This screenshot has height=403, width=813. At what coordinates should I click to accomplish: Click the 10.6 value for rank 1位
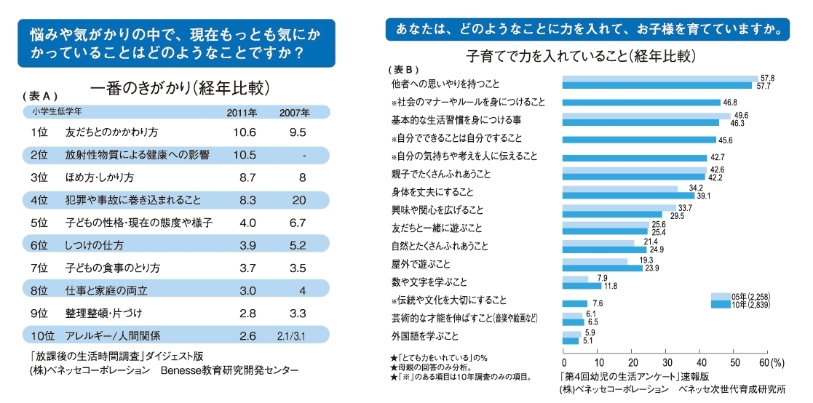pyautogui.click(x=246, y=132)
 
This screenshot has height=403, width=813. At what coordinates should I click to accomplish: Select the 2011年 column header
pyautogui.click(x=242, y=113)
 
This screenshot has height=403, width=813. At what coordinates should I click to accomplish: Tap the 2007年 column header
pyautogui.click(x=295, y=113)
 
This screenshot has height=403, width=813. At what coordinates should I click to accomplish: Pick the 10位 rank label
pyautogui.click(x=43, y=335)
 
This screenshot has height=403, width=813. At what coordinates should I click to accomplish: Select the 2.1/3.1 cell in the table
pyautogui.click(x=296, y=335)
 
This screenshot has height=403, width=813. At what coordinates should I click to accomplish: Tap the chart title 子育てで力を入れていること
pyautogui.click(x=579, y=55)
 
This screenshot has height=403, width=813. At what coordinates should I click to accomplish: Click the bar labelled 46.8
pyautogui.click(x=641, y=103)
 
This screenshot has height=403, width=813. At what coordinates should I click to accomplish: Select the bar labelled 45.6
pyautogui.click(x=640, y=139)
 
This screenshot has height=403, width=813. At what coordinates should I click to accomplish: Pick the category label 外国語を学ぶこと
pyautogui.click(x=425, y=336)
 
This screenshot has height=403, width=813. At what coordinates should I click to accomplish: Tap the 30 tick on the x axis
pyautogui.click(x=666, y=362)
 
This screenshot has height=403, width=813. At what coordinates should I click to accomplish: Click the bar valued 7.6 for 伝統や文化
pyautogui.click(x=575, y=303)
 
